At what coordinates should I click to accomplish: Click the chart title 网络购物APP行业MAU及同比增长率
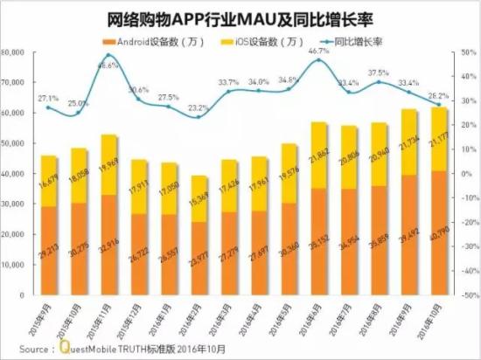pyautogui.click(x=240, y=17)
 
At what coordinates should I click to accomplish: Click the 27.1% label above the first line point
pyautogui.click(x=49, y=98)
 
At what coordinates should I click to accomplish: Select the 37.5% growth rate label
pyautogui.click(x=379, y=73)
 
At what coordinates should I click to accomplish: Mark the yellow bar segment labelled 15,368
pyautogui.click(x=199, y=199)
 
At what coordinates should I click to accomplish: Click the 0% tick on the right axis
pyautogui.click(x=465, y=175)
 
